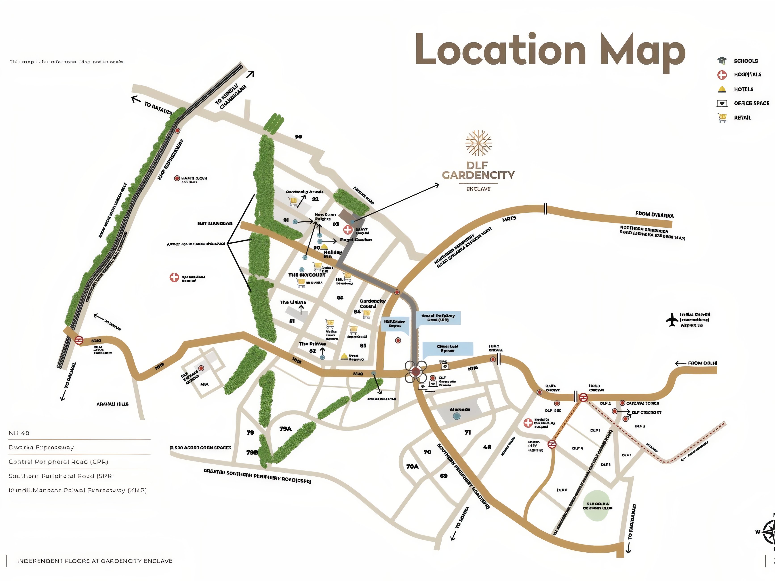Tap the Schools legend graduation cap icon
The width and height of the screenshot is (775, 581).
(x=722, y=61)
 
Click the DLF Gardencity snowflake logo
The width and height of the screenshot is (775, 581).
(x=478, y=143)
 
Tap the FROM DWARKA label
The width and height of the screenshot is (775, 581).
(x=654, y=215)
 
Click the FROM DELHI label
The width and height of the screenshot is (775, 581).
(x=702, y=363)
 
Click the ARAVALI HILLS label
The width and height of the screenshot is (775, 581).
(x=112, y=404)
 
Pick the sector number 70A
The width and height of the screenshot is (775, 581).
(x=412, y=466)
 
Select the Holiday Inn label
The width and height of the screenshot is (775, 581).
(x=332, y=254)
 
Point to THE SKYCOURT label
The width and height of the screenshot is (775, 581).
(x=307, y=275)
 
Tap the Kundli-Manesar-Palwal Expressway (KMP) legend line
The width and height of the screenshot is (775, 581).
(x=77, y=490)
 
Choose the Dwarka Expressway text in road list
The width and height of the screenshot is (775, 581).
(x=41, y=448)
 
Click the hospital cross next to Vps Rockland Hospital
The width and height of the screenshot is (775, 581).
(x=174, y=278)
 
